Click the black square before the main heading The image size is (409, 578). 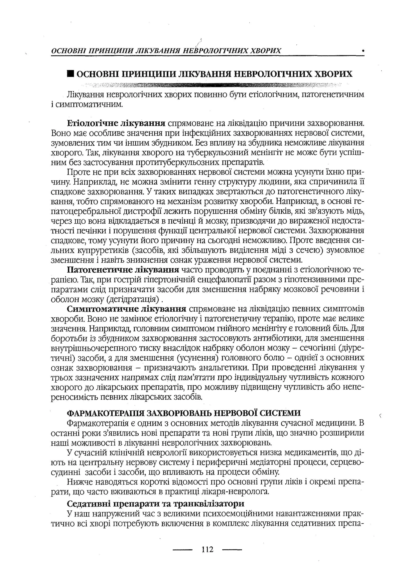70,74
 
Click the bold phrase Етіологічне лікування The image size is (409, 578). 116,123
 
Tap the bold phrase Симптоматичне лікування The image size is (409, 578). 126,309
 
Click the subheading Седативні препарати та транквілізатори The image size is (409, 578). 155,504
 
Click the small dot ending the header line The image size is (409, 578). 363,51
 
